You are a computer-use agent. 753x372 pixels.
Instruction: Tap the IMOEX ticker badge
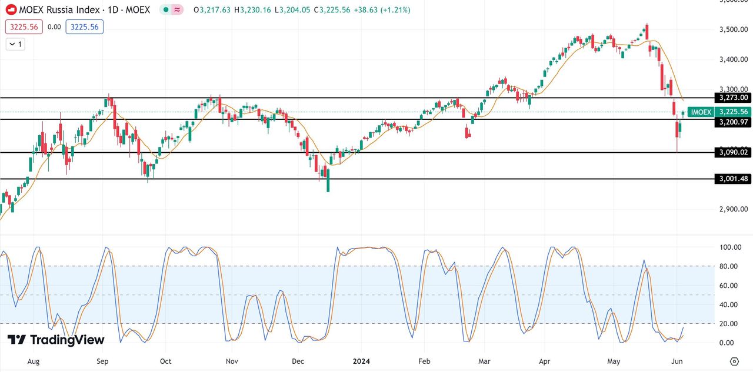tap(701, 112)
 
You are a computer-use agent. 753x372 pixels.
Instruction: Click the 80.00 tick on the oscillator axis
tap(729, 266)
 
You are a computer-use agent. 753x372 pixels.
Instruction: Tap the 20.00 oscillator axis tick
tap(729, 324)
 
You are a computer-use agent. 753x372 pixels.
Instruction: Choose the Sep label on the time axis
tap(103, 361)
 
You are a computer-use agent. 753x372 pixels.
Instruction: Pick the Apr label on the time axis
tap(545, 361)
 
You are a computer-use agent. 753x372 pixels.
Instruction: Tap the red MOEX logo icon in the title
tap(11, 10)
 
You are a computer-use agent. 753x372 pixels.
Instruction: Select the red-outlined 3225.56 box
tap(24, 26)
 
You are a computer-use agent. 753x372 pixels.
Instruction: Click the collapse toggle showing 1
tap(16, 44)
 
